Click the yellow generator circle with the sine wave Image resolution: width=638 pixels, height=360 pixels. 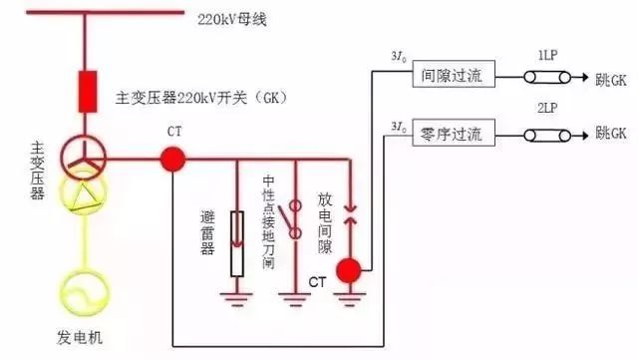coord(88,288)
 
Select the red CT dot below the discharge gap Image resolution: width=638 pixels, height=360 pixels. coord(348,270)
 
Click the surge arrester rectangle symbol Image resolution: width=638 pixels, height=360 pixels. coord(236,243)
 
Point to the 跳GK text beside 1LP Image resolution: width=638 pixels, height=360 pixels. coord(611,77)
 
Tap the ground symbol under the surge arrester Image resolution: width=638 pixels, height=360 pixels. coord(236,295)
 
